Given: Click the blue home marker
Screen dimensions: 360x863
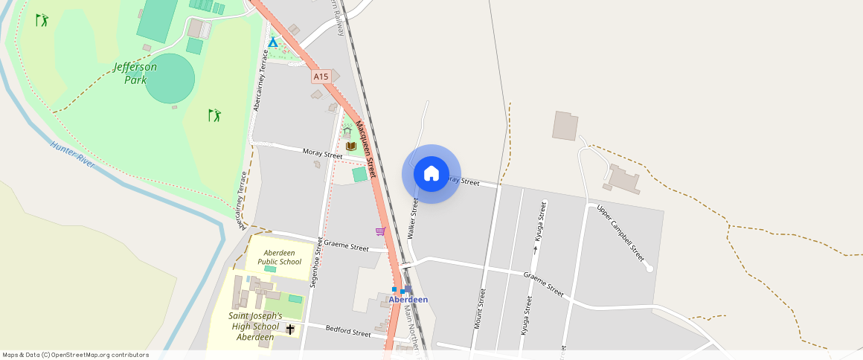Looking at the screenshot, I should click(431, 174).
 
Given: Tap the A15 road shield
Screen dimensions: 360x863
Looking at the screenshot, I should click(321, 77).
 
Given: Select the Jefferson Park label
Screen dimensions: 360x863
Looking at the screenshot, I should click(135, 73).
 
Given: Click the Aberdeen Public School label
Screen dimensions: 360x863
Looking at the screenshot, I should click(280, 257).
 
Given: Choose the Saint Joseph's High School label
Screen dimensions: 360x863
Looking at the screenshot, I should click(255, 326).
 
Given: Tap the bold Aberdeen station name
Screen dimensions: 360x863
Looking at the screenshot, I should click(408, 300).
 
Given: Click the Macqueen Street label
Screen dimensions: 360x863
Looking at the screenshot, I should click(368, 148).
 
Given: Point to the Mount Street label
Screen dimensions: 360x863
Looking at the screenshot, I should click(481, 309).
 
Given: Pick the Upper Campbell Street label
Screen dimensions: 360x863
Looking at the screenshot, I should click(620, 232).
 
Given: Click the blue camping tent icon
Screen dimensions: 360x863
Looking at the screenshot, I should click(273, 42).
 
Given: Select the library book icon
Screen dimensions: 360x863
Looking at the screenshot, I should click(351, 146).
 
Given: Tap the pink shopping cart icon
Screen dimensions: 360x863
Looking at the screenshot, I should click(380, 231).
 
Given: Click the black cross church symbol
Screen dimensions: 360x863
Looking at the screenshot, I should click(290, 329).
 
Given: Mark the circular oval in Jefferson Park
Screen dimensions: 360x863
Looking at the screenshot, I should click(170, 78).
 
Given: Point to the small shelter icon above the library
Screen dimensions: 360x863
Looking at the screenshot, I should click(347, 132).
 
